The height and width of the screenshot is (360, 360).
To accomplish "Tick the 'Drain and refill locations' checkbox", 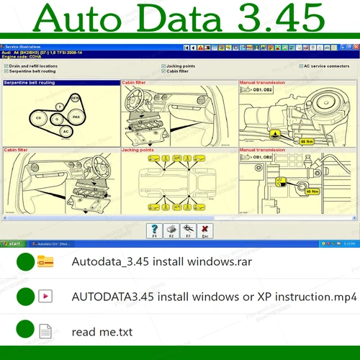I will point(6,66).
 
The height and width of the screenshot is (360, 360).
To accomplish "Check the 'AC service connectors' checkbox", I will point(302,66).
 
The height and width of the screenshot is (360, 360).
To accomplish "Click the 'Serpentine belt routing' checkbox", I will point(6,71).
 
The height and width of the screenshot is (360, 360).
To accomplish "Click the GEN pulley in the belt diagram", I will point(75,97).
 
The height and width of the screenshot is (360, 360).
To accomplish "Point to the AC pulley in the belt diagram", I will point(66,132).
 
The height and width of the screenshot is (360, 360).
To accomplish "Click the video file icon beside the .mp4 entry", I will point(45,296).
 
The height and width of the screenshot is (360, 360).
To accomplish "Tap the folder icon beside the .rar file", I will point(45,261).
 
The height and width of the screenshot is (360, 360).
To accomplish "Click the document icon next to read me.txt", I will point(45,331).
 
